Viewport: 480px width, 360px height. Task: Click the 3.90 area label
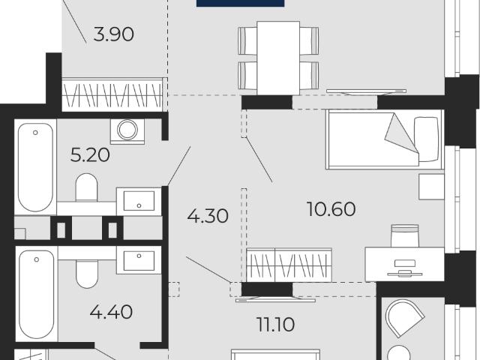[x=113, y=34]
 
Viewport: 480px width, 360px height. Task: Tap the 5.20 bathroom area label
[x=90, y=155]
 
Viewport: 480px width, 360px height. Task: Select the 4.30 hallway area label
[x=208, y=216]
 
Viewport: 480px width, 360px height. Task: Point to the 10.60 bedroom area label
[x=331, y=209]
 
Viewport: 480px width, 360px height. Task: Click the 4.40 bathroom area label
[x=111, y=312]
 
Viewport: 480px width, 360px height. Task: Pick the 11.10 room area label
[x=276, y=325]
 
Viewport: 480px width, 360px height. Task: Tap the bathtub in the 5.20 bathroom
[x=35, y=166]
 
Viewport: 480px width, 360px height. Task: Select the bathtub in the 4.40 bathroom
[x=37, y=294]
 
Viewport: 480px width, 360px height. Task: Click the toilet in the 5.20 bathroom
[x=86, y=187]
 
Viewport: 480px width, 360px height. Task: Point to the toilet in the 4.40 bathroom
[x=87, y=274]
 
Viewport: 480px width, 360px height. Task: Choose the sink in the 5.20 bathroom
[x=139, y=201]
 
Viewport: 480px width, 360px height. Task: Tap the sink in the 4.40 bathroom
[x=139, y=260]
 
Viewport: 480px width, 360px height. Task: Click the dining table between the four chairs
[x=278, y=58]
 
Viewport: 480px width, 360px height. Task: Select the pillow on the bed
[x=427, y=139]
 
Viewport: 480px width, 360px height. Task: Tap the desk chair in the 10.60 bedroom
[x=405, y=235]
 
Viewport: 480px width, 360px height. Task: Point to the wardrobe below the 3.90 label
[x=112, y=95]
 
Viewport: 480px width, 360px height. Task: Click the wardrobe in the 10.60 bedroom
[x=289, y=265]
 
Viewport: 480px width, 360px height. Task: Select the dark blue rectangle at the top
[x=240, y=3]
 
